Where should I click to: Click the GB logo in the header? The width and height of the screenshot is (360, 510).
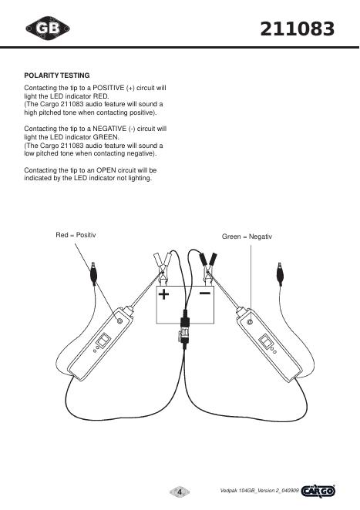point(48,29)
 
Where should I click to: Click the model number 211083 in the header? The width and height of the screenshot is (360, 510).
point(298,29)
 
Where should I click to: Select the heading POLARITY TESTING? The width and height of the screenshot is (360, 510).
point(57,75)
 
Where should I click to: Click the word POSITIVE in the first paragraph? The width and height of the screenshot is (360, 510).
point(109,88)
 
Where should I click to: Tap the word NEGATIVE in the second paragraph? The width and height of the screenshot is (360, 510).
point(109,129)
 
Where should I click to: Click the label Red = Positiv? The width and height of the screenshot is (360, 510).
point(76,235)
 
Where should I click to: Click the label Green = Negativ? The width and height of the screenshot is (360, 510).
point(247,237)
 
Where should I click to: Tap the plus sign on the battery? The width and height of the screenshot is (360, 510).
point(163,294)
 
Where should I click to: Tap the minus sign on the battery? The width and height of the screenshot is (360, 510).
point(205,294)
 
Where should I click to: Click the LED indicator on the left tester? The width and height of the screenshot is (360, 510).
point(119,321)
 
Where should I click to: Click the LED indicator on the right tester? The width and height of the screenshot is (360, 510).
point(250,322)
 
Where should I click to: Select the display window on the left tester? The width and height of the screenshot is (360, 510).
point(103,341)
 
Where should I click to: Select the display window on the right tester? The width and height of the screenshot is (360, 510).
point(265,342)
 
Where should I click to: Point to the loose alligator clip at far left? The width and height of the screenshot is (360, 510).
point(93,273)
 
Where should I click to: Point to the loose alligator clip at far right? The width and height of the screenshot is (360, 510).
point(280,273)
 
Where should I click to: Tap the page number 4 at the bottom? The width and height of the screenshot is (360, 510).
point(180,492)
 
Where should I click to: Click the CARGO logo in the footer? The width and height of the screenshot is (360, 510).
point(318,492)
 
